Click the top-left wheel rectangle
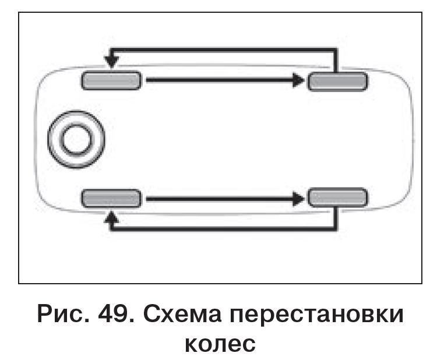[111, 80]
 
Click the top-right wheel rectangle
[337, 81]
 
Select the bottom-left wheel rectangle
[111, 198]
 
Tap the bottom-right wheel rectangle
[337, 198]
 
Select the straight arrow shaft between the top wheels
[218, 80]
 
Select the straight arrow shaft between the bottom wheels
[218, 199]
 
